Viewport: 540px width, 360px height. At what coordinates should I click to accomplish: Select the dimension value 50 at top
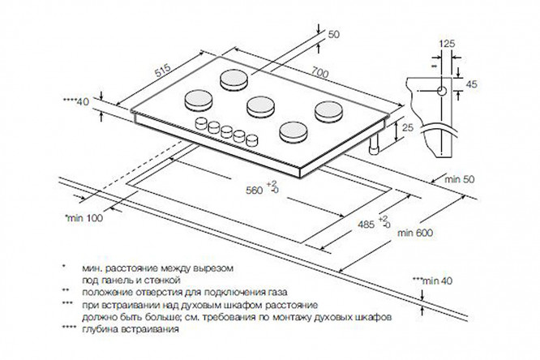[334, 33]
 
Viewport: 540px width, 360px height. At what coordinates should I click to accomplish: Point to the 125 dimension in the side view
[446, 42]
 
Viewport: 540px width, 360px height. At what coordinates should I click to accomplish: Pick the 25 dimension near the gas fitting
[408, 128]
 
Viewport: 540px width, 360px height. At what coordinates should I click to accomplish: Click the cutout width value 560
[255, 191]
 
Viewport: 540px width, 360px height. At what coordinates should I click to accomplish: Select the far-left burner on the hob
[199, 99]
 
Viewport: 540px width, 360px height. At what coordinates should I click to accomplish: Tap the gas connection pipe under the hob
[375, 148]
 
